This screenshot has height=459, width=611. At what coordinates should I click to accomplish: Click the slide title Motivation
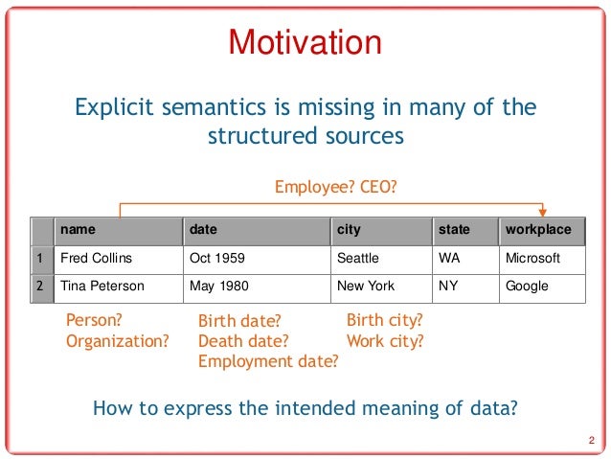(305, 43)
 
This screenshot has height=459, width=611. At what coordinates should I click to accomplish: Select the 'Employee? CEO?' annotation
(335, 188)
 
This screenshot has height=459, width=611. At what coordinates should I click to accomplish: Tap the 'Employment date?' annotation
(268, 361)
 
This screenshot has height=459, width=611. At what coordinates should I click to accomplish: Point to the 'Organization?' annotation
(118, 339)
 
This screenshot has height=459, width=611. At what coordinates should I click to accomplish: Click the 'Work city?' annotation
(385, 340)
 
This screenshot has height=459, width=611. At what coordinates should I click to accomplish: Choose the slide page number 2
(591, 440)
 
